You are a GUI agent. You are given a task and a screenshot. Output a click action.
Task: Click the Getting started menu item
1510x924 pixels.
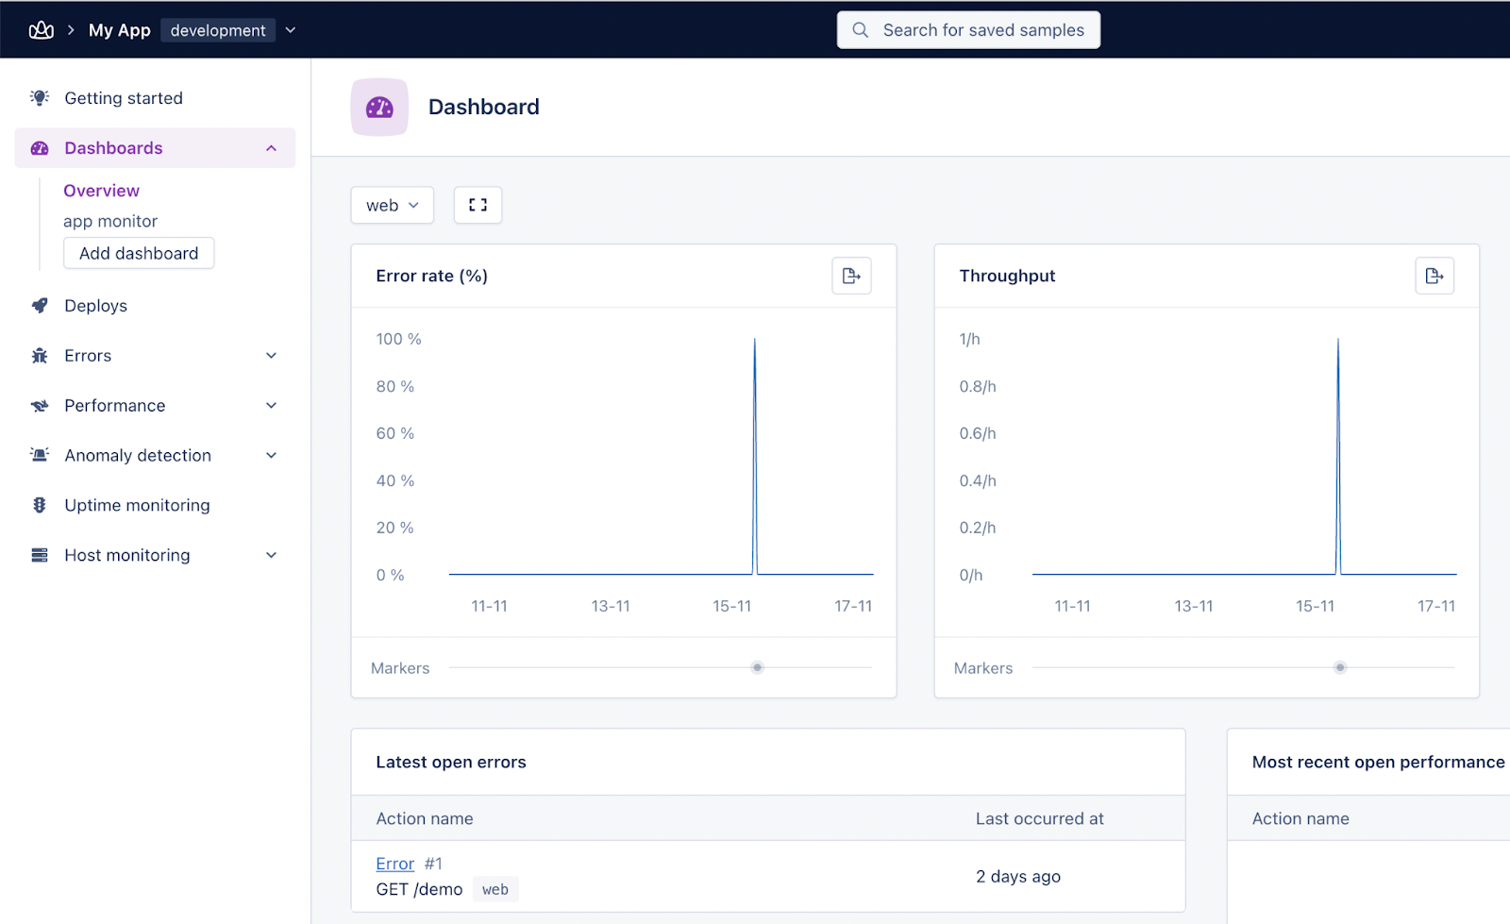[x=123, y=98]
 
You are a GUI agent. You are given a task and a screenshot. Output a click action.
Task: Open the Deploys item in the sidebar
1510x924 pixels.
[x=95, y=306]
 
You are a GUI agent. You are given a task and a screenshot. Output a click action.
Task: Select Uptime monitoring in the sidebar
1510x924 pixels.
[x=137, y=505]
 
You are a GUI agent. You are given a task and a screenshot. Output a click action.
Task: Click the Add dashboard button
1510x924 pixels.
[x=139, y=253]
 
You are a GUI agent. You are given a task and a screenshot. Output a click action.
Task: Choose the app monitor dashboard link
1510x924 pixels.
[x=110, y=221]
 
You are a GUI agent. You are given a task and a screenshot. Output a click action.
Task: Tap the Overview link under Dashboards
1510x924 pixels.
[x=101, y=191]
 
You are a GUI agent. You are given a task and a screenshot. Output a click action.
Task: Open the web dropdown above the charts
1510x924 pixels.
[x=392, y=205]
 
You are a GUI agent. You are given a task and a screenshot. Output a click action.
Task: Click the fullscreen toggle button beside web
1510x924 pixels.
[x=478, y=205]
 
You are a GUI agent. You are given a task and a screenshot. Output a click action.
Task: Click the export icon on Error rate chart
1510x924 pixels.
[x=851, y=276]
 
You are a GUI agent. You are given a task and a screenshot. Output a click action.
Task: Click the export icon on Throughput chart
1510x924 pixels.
[x=1434, y=276]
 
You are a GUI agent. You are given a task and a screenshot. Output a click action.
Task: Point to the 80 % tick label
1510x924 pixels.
[x=395, y=386]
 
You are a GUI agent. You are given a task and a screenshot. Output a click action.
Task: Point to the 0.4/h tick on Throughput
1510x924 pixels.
[x=978, y=480]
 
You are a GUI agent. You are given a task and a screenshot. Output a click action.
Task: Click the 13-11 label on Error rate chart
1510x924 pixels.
[x=611, y=606]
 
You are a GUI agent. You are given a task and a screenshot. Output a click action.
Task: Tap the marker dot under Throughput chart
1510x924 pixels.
[x=1339, y=667]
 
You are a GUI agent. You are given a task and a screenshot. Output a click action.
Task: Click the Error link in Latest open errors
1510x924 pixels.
[x=394, y=864]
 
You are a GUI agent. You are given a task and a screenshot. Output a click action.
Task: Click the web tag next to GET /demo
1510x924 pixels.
[x=495, y=889]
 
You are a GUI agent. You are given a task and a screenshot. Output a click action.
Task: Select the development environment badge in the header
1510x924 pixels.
[x=218, y=30]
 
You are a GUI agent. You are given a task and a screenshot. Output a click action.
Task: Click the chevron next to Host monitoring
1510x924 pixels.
[x=271, y=555]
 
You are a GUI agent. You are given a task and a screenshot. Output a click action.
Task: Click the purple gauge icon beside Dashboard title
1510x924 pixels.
[x=379, y=108]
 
